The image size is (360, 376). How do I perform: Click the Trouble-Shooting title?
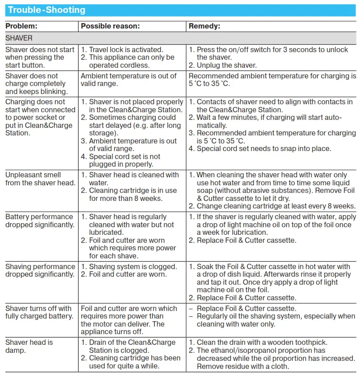[x=46, y=10]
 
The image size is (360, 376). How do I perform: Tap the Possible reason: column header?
[x=110, y=26]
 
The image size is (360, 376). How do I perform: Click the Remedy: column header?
[x=204, y=26]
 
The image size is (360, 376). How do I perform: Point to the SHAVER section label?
[x=19, y=38]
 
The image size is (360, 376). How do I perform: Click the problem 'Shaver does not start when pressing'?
[x=40, y=57]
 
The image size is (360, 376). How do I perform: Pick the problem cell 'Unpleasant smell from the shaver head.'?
[x=40, y=179]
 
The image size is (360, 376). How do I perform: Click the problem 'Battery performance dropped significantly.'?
[x=40, y=221]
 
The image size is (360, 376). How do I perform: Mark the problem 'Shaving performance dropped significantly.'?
[x=40, y=270]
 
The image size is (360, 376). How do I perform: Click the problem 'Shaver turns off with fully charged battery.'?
[x=39, y=312]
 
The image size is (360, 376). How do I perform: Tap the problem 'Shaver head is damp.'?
[x=29, y=347]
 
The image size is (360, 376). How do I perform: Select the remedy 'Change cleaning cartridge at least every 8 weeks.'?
[x=276, y=206]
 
